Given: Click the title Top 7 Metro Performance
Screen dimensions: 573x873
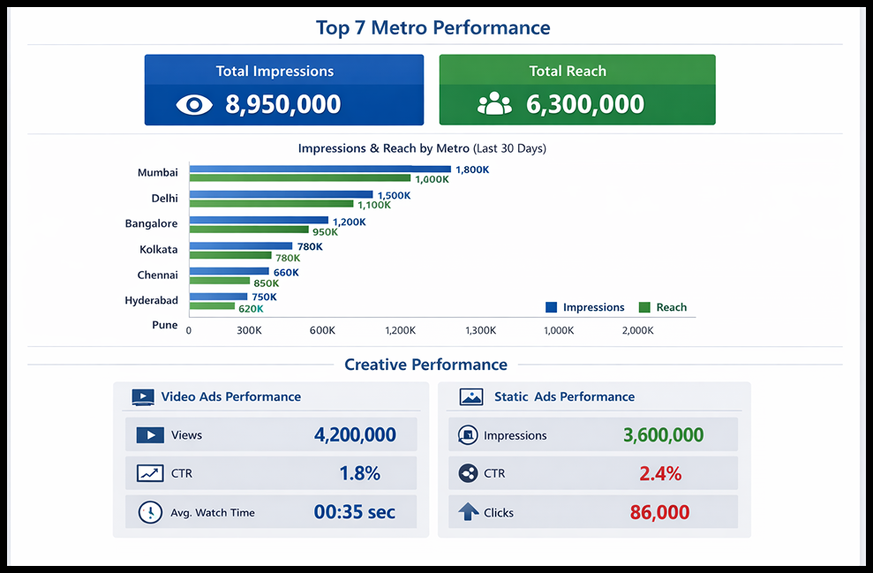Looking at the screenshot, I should pyautogui.click(x=433, y=27).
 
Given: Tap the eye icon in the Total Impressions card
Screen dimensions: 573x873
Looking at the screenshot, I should pyautogui.click(x=194, y=104).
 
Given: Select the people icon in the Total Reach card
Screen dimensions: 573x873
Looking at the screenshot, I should pyautogui.click(x=494, y=104).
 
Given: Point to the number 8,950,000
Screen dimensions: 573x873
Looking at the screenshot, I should pyautogui.click(x=282, y=104).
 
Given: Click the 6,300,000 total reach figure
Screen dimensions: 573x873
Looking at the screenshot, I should pyautogui.click(x=584, y=104).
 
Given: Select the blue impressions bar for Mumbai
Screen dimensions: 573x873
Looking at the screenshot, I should pyautogui.click(x=320, y=169).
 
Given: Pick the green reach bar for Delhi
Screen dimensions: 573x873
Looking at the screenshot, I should pyautogui.click(x=271, y=204).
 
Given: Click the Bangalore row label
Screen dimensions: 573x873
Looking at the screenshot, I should pyautogui.click(x=151, y=224).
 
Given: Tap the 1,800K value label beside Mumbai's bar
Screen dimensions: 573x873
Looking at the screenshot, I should pyautogui.click(x=472, y=170).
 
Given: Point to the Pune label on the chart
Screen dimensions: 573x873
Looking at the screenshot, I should pyautogui.click(x=164, y=325).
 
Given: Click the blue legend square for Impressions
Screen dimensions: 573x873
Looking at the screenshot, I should pyautogui.click(x=552, y=307).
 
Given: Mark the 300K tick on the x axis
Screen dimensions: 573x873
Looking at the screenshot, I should pyautogui.click(x=249, y=330).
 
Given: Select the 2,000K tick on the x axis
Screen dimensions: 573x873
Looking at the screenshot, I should pyautogui.click(x=637, y=330).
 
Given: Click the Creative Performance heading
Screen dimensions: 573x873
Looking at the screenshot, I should pyautogui.click(x=425, y=365).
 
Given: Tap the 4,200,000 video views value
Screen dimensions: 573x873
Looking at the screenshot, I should pyautogui.click(x=355, y=434).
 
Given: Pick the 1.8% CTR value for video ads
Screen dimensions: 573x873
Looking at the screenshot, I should pyautogui.click(x=359, y=473).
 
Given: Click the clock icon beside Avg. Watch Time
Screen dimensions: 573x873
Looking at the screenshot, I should pyautogui.click(x=150, y=512).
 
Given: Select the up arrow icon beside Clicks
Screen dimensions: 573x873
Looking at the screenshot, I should pyautogui.click(x=468, y=512).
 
